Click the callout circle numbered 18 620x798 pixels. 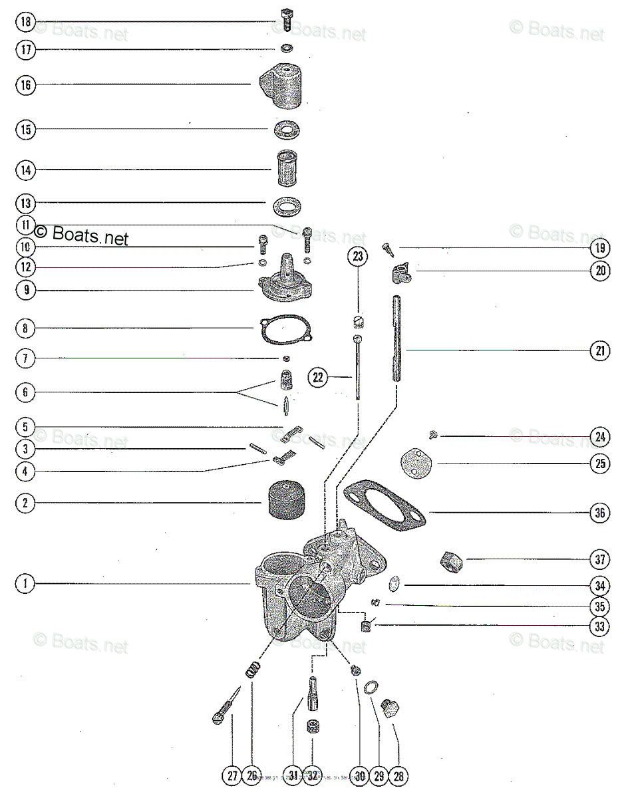tap(25, 21)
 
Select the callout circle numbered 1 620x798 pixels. tap(25, 584)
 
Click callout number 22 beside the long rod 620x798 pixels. tap(318, 377)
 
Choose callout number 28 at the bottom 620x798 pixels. tap(399, 775)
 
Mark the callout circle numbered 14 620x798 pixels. tap(25, 170)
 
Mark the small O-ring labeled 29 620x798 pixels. tap(374, 686)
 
